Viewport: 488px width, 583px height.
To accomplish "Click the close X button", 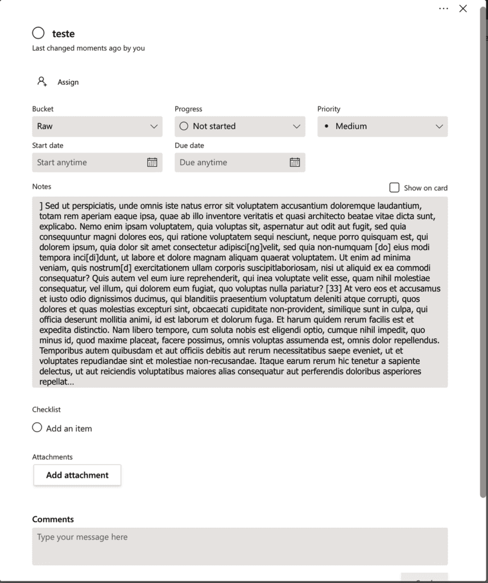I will pos(463,9).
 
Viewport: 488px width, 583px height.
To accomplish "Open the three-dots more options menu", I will pos(444,9).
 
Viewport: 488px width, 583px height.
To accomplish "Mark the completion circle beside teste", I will pos(38,33).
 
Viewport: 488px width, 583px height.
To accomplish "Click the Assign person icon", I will pos(42,81).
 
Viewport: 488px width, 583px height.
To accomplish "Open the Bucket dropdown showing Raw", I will pos(97,126).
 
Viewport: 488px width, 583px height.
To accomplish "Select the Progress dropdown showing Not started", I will pos(239,126).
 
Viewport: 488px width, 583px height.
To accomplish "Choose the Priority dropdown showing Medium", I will pos(382,126).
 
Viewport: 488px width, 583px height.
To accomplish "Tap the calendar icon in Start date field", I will pos(152,162).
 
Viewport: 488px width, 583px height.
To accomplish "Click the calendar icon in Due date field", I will pos(295,162).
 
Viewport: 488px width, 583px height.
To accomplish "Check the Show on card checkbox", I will pos(394,187).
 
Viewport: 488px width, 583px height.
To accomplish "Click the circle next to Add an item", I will pos(37,428).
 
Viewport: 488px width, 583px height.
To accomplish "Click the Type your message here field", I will pos(239,546).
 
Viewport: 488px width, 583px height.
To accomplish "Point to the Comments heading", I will pos(53,519).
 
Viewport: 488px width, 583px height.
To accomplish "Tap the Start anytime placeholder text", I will pos(62,162).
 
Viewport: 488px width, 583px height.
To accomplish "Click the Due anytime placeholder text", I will pos(203,162).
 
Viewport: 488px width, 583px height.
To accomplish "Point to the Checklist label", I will pos(46,409).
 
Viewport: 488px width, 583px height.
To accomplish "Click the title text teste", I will pos(63,34).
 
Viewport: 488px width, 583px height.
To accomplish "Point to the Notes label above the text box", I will pos(42,186).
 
